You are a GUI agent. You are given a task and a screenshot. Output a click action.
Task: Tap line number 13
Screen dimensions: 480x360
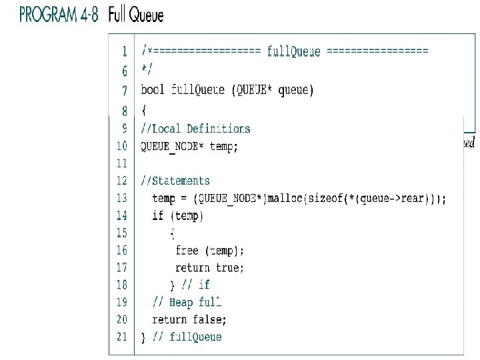coord(121,198)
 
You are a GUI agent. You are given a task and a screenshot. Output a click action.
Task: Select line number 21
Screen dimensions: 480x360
coord(121,337)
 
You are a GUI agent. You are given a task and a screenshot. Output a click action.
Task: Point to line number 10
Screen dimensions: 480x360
coord(121,146)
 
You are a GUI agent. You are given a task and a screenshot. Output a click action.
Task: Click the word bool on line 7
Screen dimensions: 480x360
coord(153,89)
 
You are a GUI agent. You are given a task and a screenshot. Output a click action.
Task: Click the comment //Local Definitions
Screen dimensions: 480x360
coord(195,129)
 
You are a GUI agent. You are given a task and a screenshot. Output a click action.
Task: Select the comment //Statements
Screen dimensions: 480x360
coord(175,181)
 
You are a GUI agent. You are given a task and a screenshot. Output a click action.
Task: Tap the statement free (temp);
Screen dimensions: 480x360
coord(209,251)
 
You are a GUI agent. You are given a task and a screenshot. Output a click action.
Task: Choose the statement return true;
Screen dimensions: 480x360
coord(209,268)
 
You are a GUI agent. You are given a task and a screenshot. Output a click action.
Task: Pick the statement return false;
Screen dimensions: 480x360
coord(189,320)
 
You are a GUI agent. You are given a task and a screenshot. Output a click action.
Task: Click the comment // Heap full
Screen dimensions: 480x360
coord(187,303)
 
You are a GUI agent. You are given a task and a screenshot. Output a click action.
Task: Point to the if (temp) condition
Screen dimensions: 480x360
coord(178,215)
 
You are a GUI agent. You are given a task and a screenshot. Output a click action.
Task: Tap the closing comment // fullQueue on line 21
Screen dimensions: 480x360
coord(187,337)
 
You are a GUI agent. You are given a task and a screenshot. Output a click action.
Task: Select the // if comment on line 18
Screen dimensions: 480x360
coord(195,285)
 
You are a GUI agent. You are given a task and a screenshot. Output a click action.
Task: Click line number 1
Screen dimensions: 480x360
coord(125,51)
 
